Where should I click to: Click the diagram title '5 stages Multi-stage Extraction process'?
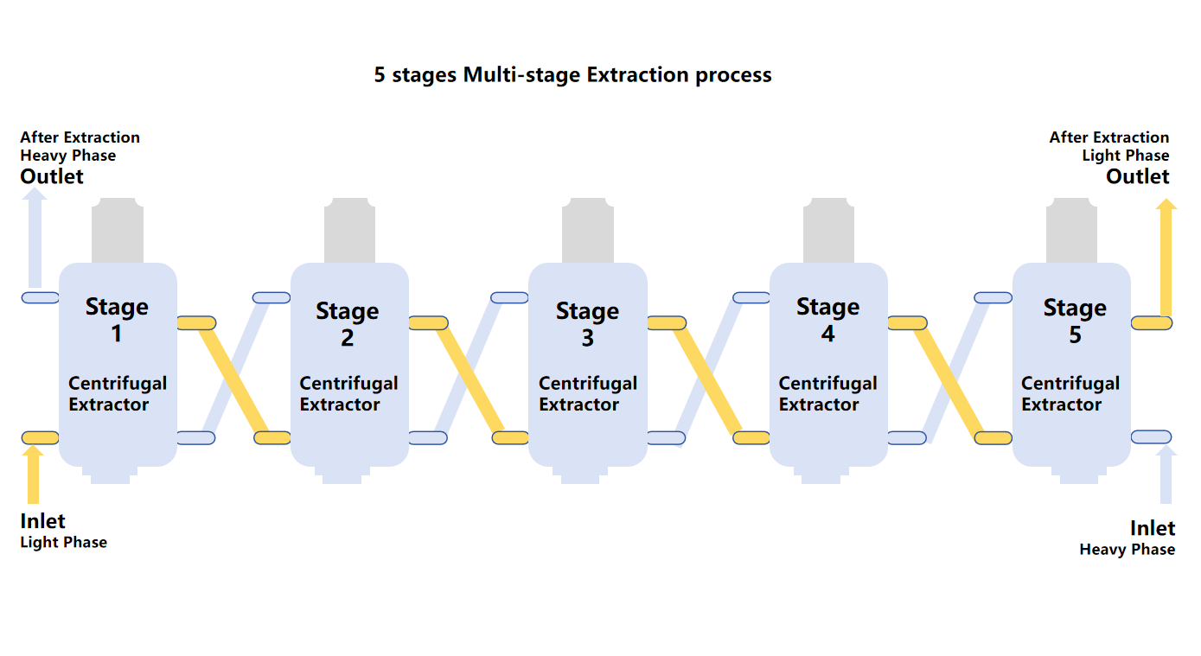point(572,75)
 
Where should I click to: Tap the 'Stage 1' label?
point(117,319)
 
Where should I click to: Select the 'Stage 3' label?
point(587,323)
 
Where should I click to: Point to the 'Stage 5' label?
point(1075,320)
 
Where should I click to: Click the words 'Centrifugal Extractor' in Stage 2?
point(348,394)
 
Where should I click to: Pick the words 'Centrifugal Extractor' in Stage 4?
point(827,394)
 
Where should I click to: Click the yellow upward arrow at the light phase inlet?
point(33,475)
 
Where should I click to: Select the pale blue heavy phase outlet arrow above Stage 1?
point(35,239)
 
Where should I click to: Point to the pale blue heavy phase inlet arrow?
point(1166,475)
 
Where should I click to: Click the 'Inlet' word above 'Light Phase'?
point(42,521)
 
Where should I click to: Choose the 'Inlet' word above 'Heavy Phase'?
point(1153,528)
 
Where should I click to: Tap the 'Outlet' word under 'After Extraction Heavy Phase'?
point(52,176)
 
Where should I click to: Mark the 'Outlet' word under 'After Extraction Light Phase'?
point(1138,176)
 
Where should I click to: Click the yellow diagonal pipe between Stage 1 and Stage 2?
point(234,380)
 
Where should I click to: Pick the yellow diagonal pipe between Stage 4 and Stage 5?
point(950,380)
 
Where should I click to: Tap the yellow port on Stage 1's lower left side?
point(40,437)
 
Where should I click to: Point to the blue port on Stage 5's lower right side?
point(1152,436)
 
